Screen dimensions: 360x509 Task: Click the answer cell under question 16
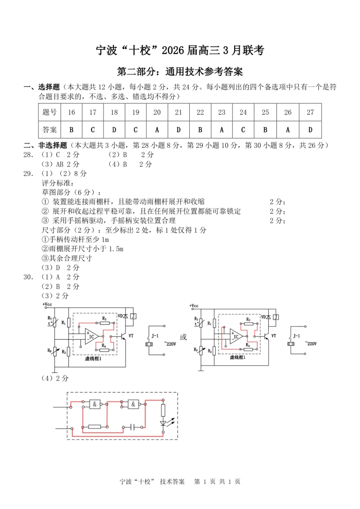pyautogui.click(x=71, y=130)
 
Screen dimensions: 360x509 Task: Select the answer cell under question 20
pyautogui.click(x=157, y=130)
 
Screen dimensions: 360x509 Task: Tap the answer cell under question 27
pyautogui.click(x=310, y=130)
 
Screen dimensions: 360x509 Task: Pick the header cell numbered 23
pyautogui.click(x=222, y=113)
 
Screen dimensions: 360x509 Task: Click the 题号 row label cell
pyautogui.click(x=49, y=113)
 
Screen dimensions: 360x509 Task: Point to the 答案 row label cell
pyautogui.click(x=49, y=130)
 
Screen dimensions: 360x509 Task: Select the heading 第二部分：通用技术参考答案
pyautogui.click(x=180, y=72)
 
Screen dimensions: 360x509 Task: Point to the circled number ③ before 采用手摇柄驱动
pyautogui.click(x=44, y=220)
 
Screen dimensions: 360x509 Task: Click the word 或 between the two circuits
pyautogui.click(x=183, y=337)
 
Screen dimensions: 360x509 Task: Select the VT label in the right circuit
pyautogui.click(x=273, y=336)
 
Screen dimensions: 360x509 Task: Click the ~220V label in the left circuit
pyautogui.click(x=170, y=344)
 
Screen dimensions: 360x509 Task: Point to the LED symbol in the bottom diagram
pyautogui.click(x=163, y=422)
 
